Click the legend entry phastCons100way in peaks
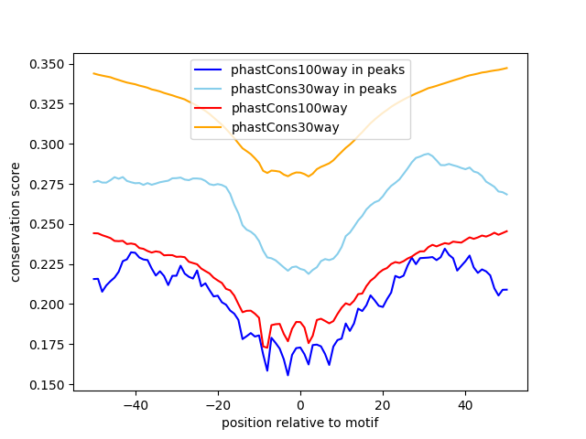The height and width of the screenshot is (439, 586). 318,70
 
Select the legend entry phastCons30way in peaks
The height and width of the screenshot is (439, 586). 314,89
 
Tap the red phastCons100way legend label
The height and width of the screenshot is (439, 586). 289,108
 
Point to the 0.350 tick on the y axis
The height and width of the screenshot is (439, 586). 47,64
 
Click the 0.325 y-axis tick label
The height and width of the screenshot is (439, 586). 47,104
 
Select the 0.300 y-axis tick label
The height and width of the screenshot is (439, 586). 47,145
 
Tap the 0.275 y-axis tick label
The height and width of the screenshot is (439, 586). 47,185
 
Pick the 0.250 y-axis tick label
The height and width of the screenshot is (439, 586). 47,224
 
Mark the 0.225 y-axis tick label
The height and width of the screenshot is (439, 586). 47,264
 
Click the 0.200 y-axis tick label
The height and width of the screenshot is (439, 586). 47,305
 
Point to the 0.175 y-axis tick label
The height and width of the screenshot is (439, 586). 47,345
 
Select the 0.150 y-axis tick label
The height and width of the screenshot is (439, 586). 47,385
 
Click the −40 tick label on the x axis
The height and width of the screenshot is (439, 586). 135,405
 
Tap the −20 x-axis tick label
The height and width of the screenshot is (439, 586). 217,405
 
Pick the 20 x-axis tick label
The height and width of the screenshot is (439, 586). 383,405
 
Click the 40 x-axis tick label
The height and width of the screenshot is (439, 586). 465,405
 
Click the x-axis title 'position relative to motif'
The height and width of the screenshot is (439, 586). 300,423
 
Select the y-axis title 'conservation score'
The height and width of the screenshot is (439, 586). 16,221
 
